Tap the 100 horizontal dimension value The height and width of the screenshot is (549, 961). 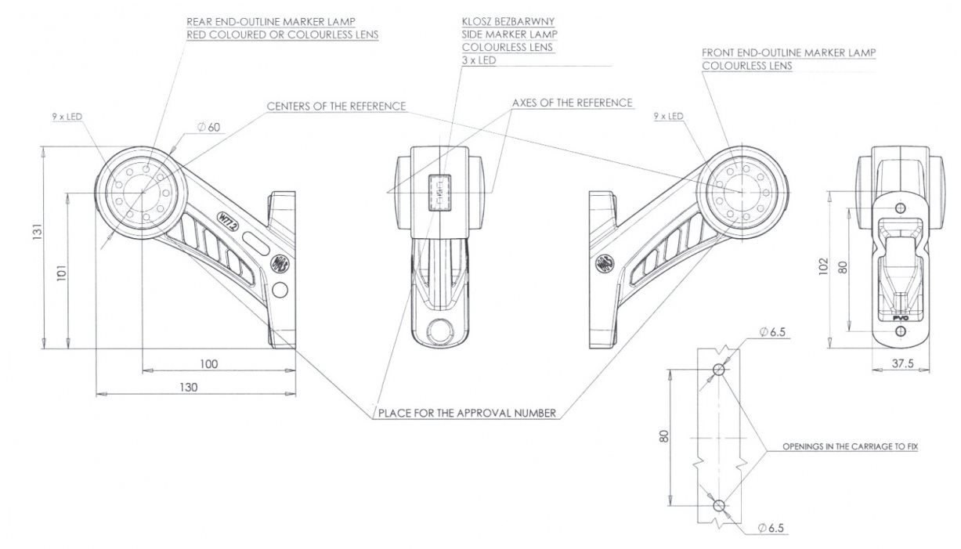pos(209,363)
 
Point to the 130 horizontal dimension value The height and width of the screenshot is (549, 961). pos(188,387)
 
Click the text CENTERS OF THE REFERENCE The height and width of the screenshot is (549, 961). pos(336,106)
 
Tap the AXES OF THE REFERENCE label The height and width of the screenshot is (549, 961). pos(572,103)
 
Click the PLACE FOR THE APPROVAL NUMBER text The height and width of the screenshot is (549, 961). pos(467,413)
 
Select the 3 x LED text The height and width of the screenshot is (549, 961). pos(479,60)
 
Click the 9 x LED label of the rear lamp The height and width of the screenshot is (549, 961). pos(67,116)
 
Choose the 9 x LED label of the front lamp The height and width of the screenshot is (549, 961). pos(668,116)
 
